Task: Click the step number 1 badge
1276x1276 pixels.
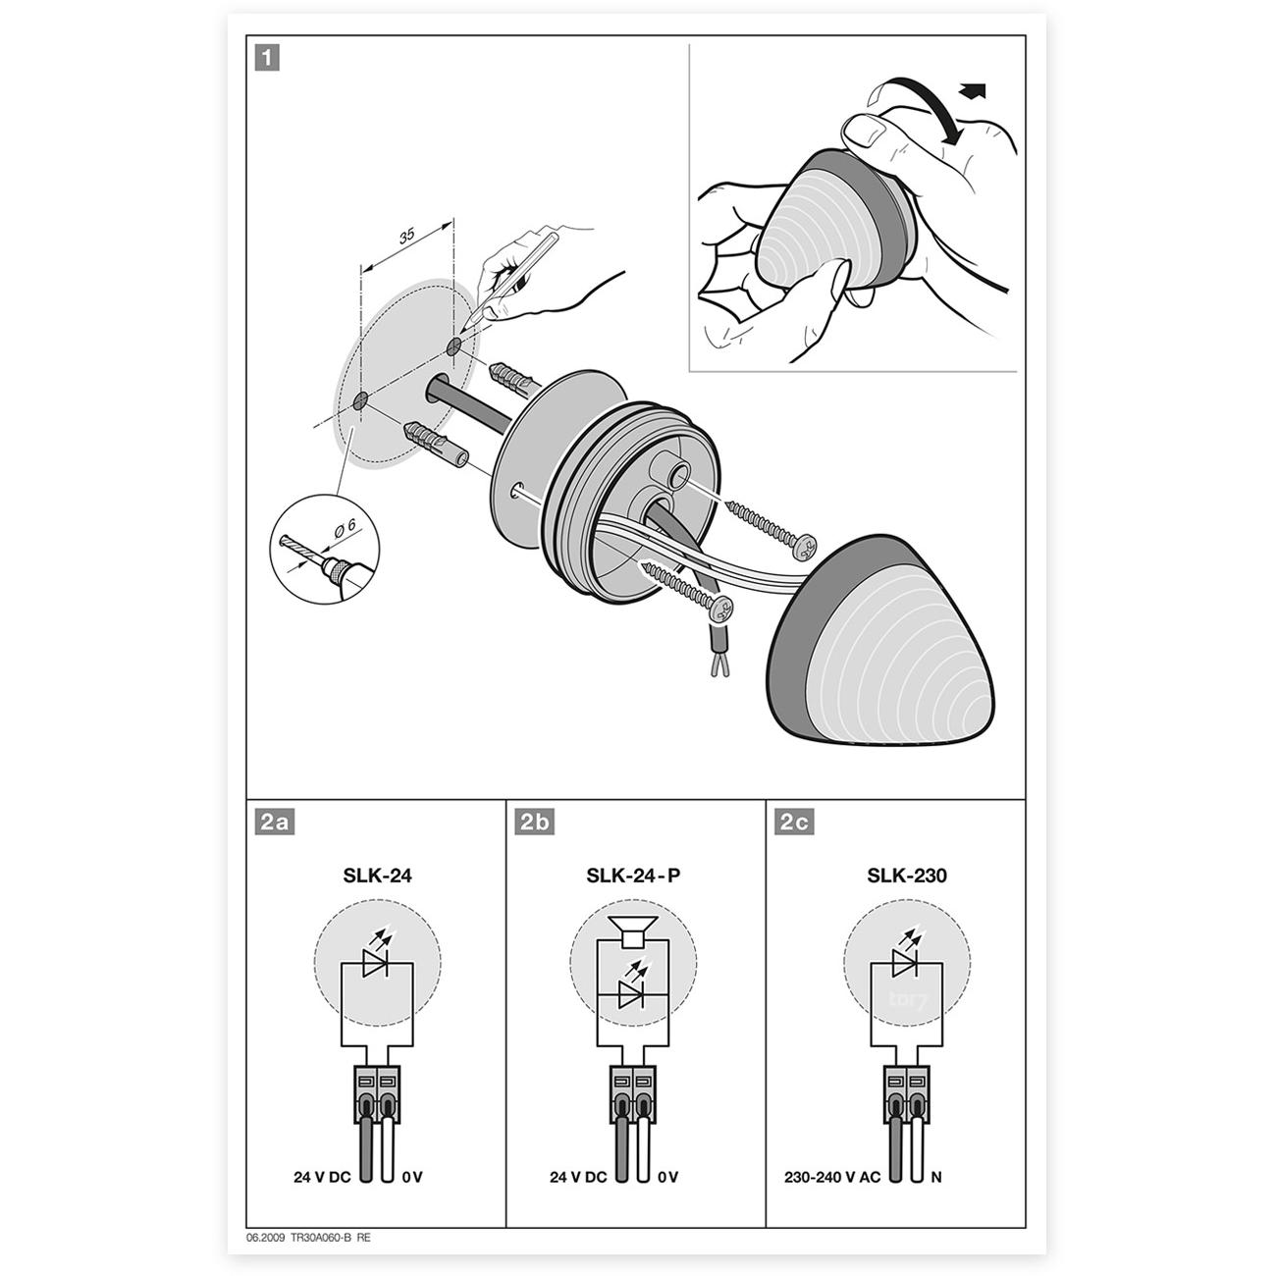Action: (x=267, y=58)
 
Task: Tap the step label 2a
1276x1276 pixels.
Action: (x=275, y=822)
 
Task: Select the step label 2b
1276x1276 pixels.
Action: (x=534, y=822)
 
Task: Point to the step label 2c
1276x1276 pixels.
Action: (x=794, y=822)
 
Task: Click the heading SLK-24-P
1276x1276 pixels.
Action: (x=633, y=876)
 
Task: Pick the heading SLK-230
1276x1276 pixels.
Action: (x=907, y=876)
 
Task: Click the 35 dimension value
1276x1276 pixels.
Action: (x=406, y=235)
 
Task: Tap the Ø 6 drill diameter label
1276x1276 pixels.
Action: (x=345, y=528)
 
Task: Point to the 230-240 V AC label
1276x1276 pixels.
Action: (x=831, y=1177)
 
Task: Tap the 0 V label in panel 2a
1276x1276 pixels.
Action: (x=412, y=1177)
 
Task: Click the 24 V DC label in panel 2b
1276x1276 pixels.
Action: (x=577, y=1177)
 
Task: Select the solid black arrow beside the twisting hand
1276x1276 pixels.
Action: (x=973, y=90)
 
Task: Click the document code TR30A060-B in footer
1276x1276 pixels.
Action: (x=320, y=1238)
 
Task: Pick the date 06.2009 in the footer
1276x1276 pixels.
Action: (x=266, y=1238)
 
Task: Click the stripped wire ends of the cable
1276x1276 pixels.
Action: (x=719, y=666)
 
